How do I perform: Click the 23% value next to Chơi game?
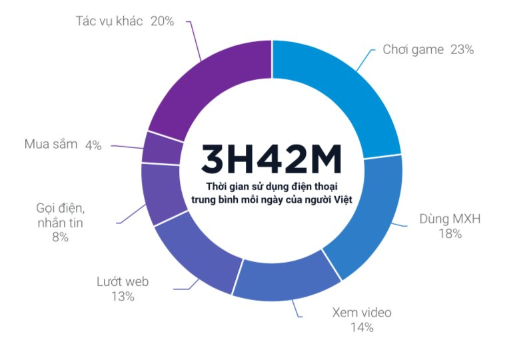tap(461, 49)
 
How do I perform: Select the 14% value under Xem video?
tap(362, 327)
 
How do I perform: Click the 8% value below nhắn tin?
tap(59, 237)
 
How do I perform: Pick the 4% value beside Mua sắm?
tap(93, 145)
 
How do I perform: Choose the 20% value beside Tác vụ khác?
tap(162, 21)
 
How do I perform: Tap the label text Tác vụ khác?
tap(110, 21)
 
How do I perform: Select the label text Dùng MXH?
tap(450, 219)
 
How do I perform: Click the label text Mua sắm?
tap(51, 144)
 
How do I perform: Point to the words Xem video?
tap(362, 313)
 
